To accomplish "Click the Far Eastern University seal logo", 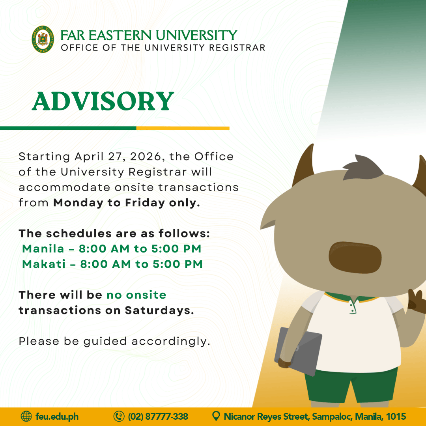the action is click(43, 39).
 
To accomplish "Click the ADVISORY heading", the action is click(103, 101).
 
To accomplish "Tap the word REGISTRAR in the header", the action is click(237, 48).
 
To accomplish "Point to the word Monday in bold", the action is click(78, 203).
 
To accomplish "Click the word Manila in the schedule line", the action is click(43, 248).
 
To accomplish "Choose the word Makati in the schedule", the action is click(44, 264).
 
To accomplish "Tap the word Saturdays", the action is click(159, 310).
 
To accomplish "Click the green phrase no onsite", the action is click(136, 295).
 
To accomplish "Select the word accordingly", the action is click(171, 342).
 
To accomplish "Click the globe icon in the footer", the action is click(26, 416).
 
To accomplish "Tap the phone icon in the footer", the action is click(119, 416).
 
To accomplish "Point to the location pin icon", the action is click(216, 416).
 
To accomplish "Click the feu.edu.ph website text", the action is click(57, 417).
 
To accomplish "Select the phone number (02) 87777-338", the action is click(158, 417).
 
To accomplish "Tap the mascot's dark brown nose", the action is click(355, 257).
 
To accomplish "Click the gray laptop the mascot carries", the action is click(298, 351).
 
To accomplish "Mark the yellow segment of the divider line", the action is click(183, 128).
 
